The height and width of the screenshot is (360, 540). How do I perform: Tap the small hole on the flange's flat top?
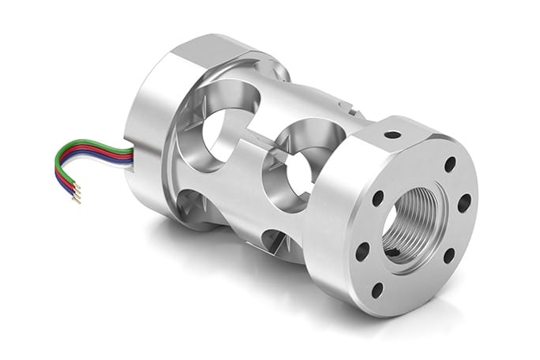coord(392,135)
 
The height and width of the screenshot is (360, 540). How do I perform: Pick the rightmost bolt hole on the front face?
coord(464,202)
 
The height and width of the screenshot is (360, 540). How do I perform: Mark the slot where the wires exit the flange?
coord(128,155)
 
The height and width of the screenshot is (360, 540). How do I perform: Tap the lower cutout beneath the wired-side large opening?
coord(193,207)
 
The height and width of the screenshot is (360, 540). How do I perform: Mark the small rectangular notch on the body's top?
coord(345,103)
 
